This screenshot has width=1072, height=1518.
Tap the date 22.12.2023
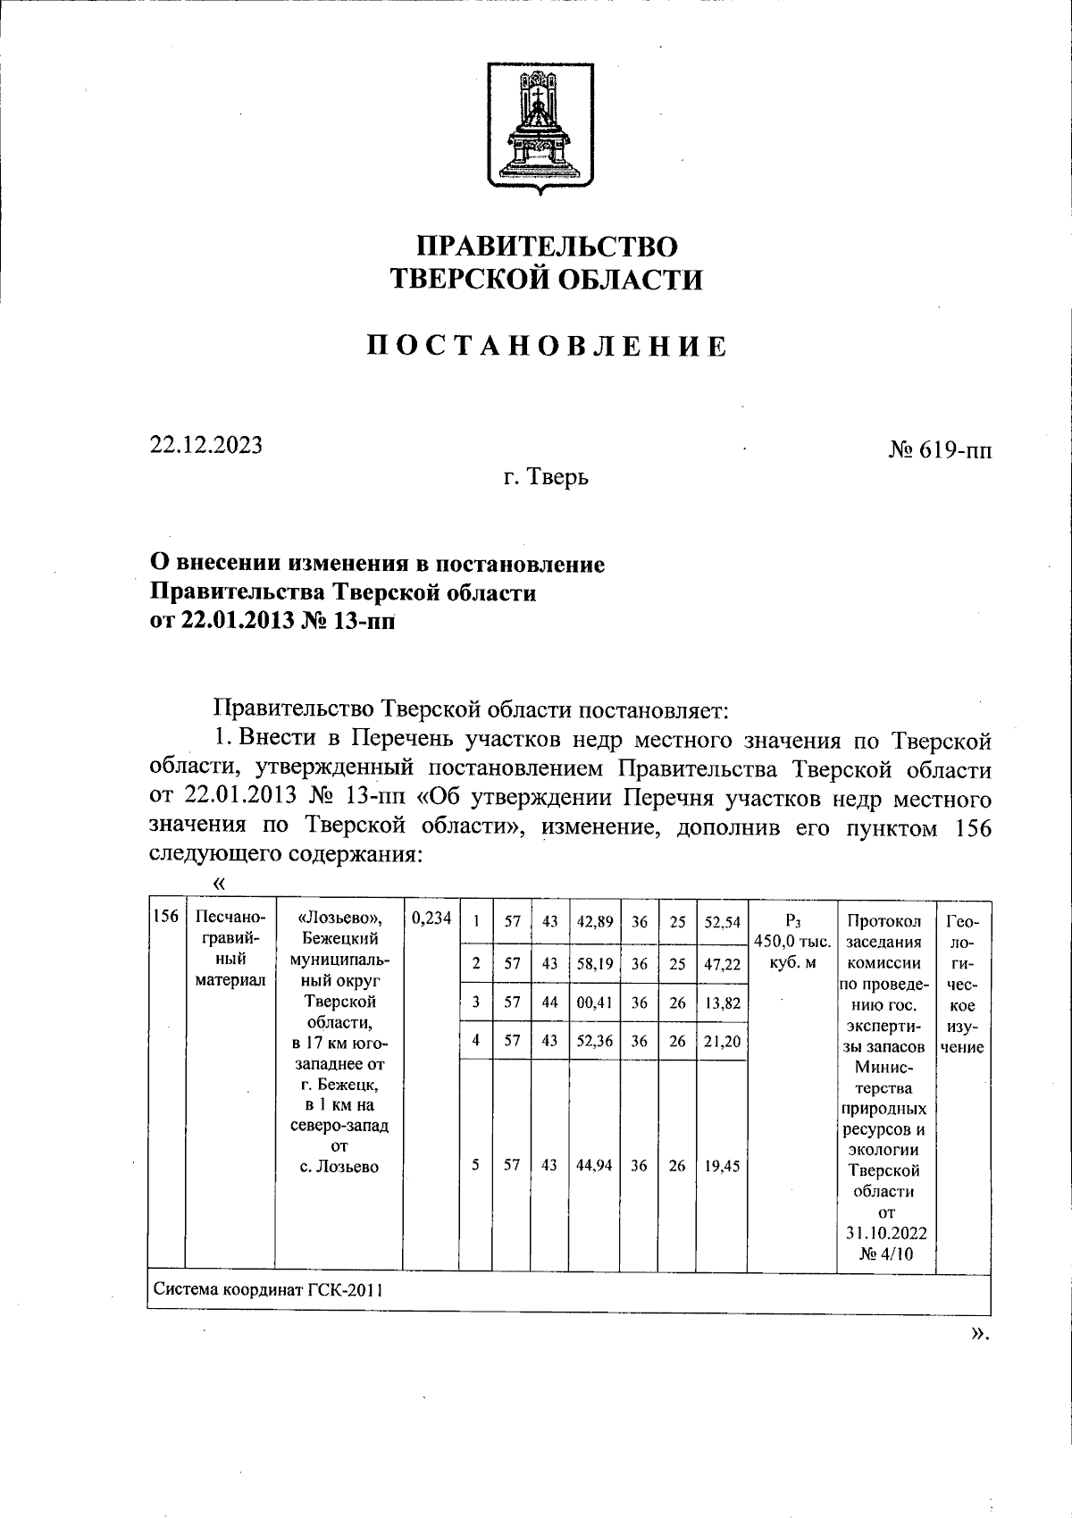206,445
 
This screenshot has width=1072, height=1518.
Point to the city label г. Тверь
545,478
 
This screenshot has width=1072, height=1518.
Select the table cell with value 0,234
431,917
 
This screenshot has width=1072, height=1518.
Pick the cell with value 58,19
594,964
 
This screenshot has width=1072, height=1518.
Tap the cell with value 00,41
594,1002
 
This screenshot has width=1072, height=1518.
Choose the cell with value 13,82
722,1002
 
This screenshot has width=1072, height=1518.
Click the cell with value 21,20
722,1042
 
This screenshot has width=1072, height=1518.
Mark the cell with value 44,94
594,1165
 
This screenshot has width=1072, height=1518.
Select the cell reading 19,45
722,1165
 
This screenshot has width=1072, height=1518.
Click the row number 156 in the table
165,917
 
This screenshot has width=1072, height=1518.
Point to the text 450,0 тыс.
792,942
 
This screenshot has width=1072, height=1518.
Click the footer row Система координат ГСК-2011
269,1291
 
